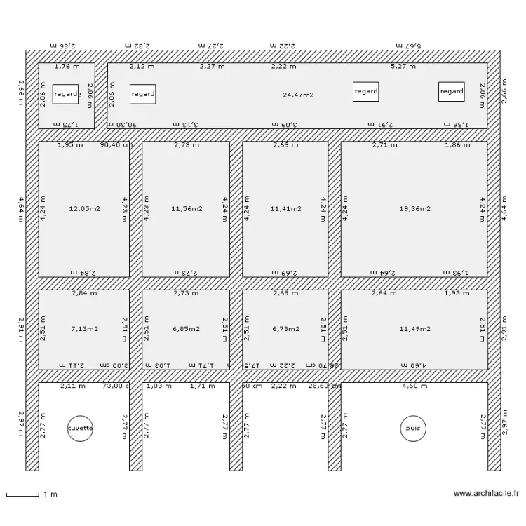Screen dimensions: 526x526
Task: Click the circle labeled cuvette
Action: click(80, 428)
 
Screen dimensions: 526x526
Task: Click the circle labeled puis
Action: click(411, 428)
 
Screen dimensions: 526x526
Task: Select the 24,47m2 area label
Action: click(298, 95)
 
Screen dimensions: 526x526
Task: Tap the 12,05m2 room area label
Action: click(83, 208)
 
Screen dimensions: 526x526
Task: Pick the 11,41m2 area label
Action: click(286, 208)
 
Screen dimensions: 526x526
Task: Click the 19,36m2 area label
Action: click(414, 208)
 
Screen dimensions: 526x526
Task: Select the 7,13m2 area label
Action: click(83, 328)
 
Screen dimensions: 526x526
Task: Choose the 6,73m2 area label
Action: click(286, 328)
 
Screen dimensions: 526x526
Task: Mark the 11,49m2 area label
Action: click(414, 328)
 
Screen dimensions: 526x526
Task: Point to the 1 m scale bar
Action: click(22, 495)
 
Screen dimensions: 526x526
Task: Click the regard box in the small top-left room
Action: click(66, 94)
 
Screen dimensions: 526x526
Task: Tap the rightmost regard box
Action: click(451, 91)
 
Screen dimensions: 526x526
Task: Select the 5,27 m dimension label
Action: click(403, 67)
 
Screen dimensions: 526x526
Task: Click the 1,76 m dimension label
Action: click(67, 67)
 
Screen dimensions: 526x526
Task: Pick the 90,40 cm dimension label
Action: click(116, 146)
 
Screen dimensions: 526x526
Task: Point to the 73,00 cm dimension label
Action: click(116, 386)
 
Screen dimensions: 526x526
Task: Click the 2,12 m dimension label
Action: click(142, 67)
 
